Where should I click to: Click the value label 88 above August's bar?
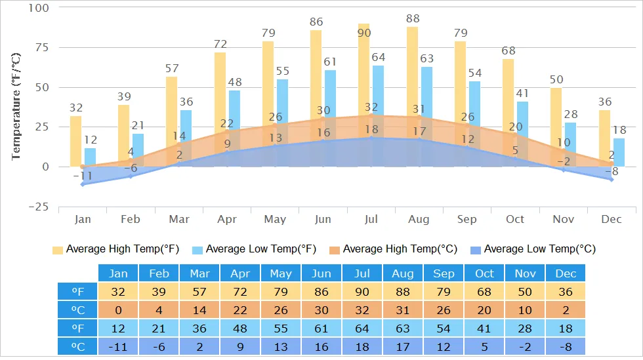pos(412,19)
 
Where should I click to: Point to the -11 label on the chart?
pos(82,175)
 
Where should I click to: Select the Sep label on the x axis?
pos(467,219)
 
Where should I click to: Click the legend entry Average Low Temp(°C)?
pos(533,249)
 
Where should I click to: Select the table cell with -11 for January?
pos(118,346)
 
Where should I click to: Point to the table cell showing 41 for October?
pos(484,328)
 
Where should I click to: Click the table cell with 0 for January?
pos(118,310)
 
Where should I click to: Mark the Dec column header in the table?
pos(566,273)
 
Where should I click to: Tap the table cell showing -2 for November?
pos(525,346)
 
